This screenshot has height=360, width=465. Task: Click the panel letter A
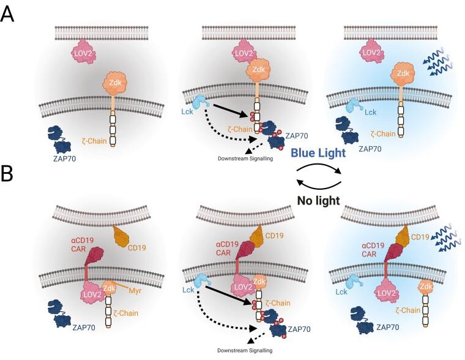click(x=8, y=13)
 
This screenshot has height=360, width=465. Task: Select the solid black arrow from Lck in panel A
click(x=230, y=114)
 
